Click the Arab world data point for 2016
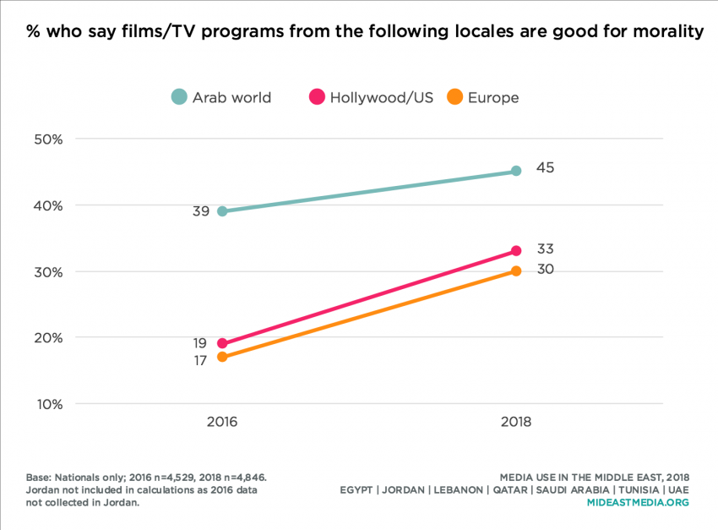[222, 211]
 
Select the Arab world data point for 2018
[516, 171]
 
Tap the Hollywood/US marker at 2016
[222, 343]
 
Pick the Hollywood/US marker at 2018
[516, 251]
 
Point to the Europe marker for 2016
[222, 357]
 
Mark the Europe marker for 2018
[516, 270]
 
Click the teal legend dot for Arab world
[178, 97]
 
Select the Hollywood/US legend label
[381, 97]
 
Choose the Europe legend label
[493, 97]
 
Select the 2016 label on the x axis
[222, 421]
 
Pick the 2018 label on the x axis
[516, 421]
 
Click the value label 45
[545, 167]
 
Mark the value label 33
[545, 249]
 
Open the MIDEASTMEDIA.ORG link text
[638, 501]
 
